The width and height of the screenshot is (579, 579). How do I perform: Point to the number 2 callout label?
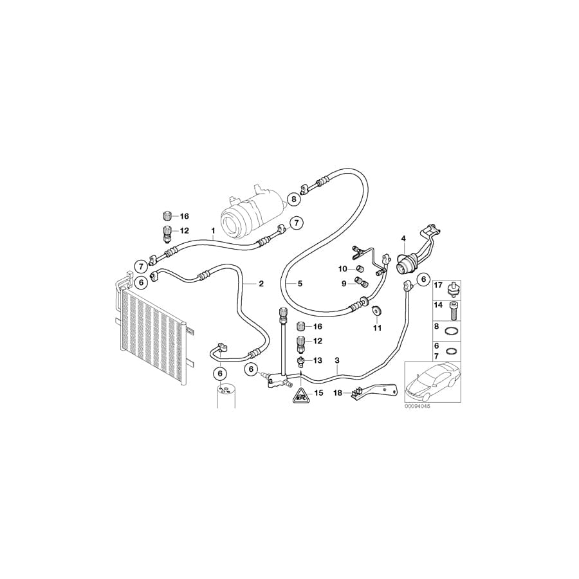coord(261,284)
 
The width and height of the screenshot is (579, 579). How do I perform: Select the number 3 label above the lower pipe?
coord(336,362)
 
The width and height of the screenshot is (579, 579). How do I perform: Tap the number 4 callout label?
coord(403,239)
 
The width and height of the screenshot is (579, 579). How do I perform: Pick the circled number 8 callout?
coord(294,199)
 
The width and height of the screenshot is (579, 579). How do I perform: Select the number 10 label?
coord(344,268)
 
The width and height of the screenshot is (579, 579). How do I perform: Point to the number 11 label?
coord(377,328)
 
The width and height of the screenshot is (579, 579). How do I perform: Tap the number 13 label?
coord(318,361)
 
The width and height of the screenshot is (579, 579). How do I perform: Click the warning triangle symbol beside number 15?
coord(300,396)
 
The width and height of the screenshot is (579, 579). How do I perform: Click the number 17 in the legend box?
coord(438,285)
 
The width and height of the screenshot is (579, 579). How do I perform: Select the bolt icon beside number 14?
coord(454,311)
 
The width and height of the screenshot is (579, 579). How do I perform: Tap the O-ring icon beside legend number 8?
coord(454,331)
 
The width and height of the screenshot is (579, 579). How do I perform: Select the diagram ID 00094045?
coord(418,407)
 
